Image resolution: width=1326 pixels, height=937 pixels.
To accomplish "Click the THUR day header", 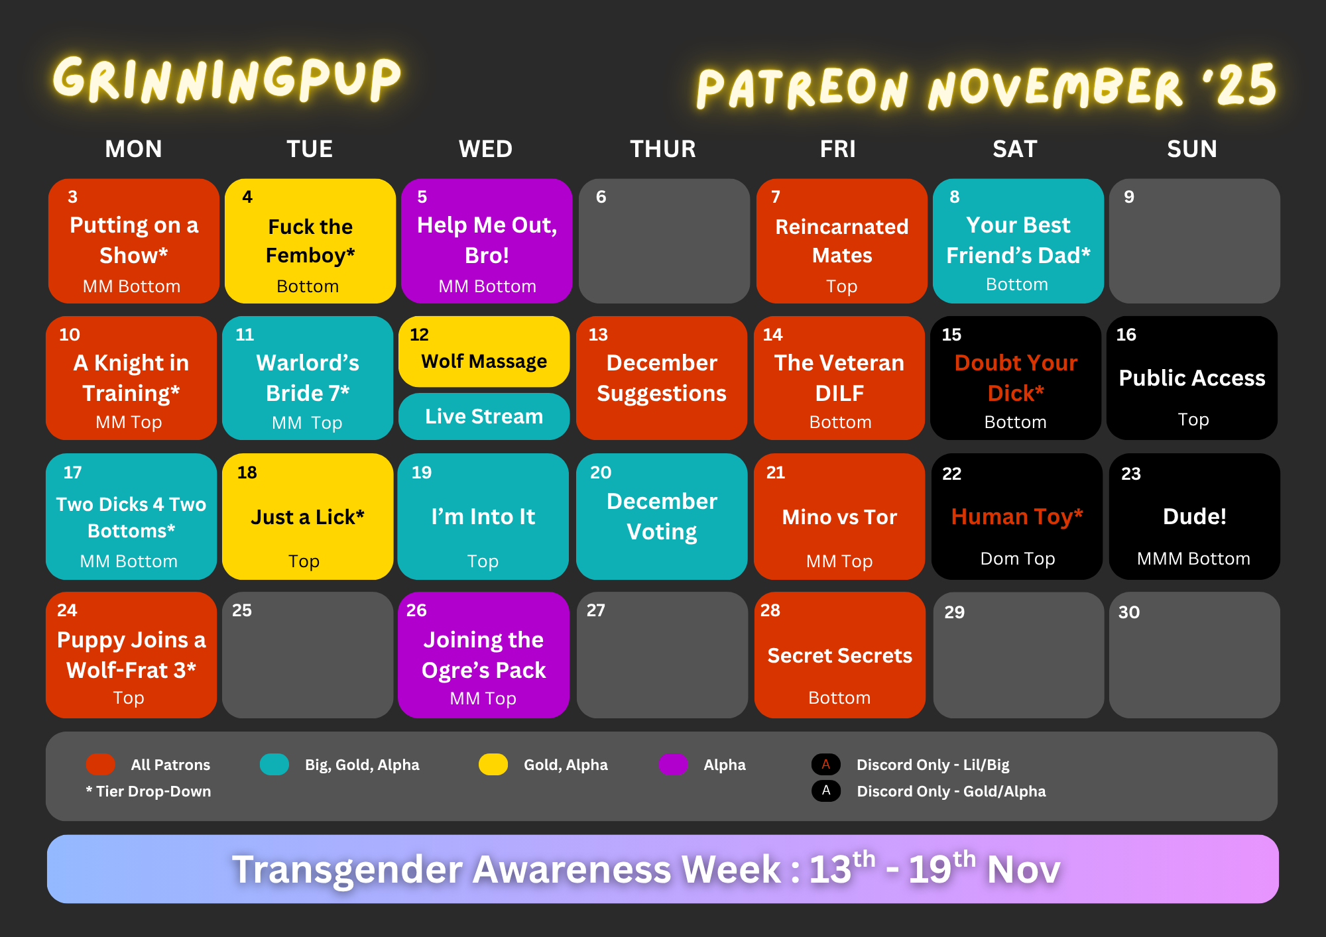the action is pyautogui.click(x=663, y=149).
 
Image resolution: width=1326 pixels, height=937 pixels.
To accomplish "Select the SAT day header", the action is pyautogui.click(x=1015, y=149).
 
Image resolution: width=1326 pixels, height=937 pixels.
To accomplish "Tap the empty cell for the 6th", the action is pyautogui.click(x=664, y=241).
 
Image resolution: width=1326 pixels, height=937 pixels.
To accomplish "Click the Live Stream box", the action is pyautogui.click(x=484, y=416).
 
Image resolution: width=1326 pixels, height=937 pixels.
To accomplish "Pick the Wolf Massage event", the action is pyautogui.click(x=484, y=352).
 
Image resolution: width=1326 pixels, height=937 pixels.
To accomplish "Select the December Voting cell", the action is pyautogui.click(x=662, y=516).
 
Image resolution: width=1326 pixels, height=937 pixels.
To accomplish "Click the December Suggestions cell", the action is pyautogui.click(x=662, y=378).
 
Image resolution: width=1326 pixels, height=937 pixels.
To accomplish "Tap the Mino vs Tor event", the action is pyautogui.click(x=839, y=516).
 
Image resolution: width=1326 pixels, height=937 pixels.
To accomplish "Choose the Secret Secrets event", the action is pyautogui.click(x=840, y=655).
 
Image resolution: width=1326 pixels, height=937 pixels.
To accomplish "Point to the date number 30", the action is pyautogui.click(x=1129, y=612).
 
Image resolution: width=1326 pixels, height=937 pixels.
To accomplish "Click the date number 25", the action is pyautogui.click(x=242, y=610).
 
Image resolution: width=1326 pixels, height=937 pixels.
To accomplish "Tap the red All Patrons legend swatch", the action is pyautogui.click(x=101, y=764).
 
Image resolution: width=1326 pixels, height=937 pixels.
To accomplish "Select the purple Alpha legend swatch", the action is pyautogui.click(x=674, y=764).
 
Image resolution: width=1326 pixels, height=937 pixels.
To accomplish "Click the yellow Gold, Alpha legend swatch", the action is pyautogui.click(x=493, y=764).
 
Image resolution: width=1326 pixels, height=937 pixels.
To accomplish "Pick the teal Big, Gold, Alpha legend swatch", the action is pyautogui.click(x=274, y=764).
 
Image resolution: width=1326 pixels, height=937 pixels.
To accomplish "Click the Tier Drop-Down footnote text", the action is pyautogui.click(x=149, y=791).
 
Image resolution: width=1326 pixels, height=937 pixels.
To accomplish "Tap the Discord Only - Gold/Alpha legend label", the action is pyautogui.click(x=951, y=791).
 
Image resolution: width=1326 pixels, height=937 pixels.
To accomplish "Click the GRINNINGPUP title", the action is pyautogui.click(x=227, y=80).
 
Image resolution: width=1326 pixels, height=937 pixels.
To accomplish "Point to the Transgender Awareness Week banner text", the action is pyautogui.click(x=646, y=869).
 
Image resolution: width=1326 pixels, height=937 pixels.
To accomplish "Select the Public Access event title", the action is pyautogui.click(x=1192, y=378).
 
